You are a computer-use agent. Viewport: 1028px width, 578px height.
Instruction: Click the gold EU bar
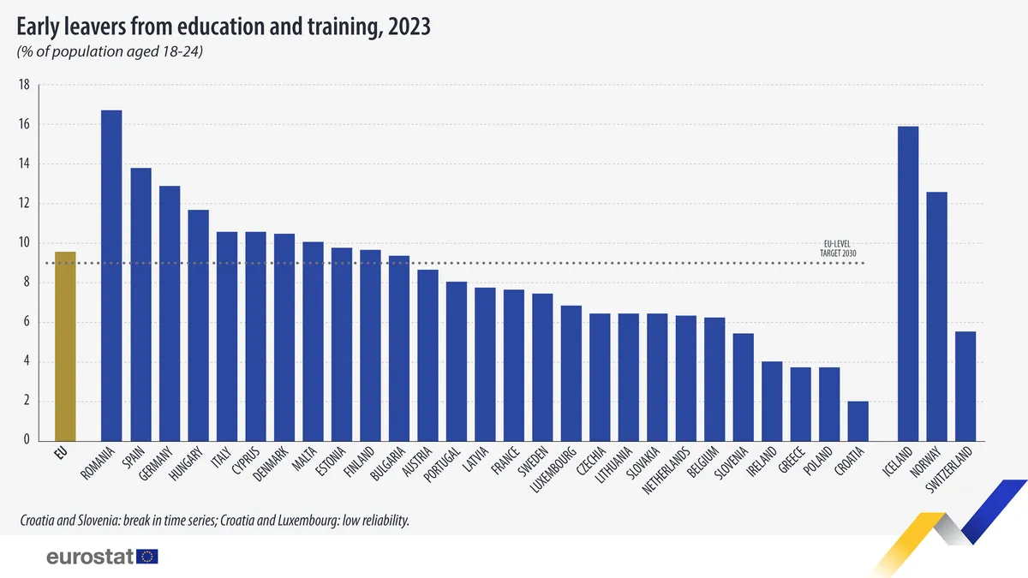point(65,346)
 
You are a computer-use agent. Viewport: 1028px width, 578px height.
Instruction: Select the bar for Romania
point(111,275)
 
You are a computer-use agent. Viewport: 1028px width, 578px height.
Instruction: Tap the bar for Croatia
point(858,420)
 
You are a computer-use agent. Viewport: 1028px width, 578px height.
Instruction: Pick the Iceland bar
point(908,283)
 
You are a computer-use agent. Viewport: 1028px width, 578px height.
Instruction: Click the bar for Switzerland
point(965,385)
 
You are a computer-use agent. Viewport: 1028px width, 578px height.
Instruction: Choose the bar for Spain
point(140,304)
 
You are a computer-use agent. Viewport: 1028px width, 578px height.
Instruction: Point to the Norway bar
point(937,316)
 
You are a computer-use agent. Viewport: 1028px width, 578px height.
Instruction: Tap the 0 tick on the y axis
point(27,440)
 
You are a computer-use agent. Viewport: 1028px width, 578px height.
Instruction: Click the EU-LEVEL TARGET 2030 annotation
point(839,248)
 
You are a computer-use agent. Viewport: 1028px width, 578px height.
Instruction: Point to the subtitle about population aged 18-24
point(110,51)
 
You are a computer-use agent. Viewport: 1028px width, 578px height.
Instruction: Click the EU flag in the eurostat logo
point(147,557)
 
